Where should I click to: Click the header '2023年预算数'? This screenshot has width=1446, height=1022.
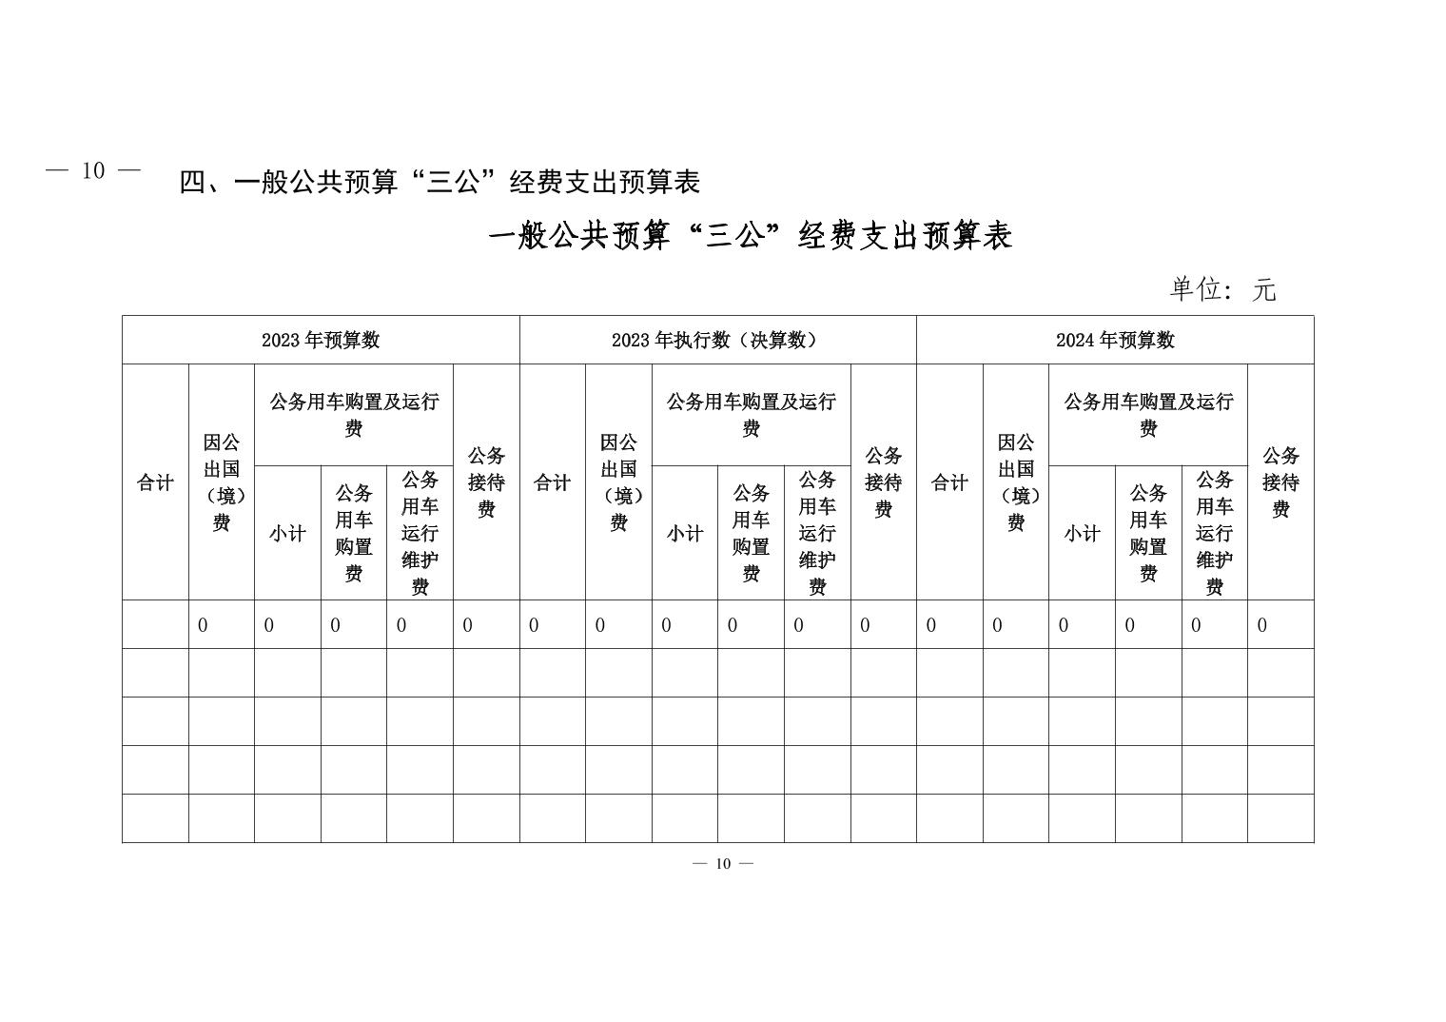[321, 340]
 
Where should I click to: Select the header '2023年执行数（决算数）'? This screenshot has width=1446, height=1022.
[717, 340]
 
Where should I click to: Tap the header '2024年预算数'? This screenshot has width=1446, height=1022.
[1115, 340]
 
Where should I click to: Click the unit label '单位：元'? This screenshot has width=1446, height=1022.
[1222, 288]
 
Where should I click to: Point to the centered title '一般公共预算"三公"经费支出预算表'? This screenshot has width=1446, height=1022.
[751, 236]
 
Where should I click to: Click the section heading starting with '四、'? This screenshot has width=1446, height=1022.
[440, 181]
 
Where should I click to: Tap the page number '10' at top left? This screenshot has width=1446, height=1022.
[93, 171]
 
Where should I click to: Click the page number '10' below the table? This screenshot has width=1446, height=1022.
[723, 863]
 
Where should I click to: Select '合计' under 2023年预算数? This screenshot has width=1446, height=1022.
[155, 482]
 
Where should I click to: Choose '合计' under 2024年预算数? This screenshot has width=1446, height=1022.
[949, 482]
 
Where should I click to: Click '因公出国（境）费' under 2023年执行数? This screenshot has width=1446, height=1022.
[618, 482]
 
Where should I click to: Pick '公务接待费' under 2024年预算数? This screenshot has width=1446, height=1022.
[1280, 482]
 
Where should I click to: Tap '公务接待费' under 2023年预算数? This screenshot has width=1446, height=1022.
[486, 482]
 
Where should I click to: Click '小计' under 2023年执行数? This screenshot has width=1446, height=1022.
[685, 533]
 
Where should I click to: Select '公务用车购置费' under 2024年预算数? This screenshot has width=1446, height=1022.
[1148, 533]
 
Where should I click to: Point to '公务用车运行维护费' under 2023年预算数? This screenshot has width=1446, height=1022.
[420, 533]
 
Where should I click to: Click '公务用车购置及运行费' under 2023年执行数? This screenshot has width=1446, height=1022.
[751, 415]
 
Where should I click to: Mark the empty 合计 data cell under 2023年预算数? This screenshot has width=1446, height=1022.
[155, 624]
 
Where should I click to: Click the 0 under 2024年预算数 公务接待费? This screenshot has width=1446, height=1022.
[1262, 625]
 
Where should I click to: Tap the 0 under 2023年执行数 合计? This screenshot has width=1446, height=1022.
[534, 625]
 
